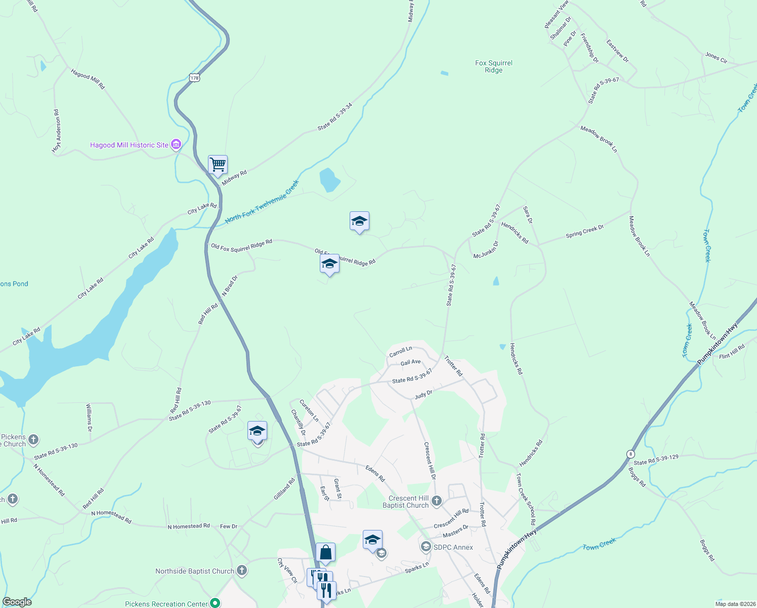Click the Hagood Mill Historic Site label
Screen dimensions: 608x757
coord(129,145)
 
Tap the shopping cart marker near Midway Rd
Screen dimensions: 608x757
coord(218,165)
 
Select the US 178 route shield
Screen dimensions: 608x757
coord(195,78)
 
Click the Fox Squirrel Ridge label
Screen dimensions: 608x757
coord(493,66)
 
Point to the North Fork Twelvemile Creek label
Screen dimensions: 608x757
coord(262,202)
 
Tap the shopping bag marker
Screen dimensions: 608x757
coord(325,552)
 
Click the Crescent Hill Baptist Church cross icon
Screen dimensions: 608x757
coord(437,502)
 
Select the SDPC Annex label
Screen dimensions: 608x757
coord(453,547)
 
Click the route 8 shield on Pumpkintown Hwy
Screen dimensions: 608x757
coord(630,453)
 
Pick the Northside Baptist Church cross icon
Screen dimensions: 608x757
coord(242,571)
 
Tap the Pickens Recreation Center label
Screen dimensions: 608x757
coord(166,604)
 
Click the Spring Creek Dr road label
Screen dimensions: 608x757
coord(584,232)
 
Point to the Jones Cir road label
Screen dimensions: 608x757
coord(716,58)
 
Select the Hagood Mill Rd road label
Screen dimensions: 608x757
coord(88,80)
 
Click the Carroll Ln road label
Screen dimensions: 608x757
coord(401,352)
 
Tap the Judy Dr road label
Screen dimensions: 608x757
coord(424,395)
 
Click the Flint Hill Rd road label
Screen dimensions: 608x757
coord(732,352)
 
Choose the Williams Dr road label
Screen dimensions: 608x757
coord(89,417)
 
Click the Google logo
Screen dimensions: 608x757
coord(17,602)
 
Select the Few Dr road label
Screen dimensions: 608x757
coord(229,526)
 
